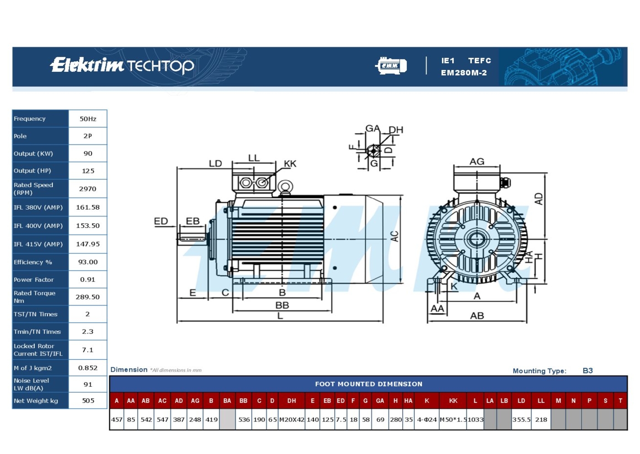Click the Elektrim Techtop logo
(122, 65)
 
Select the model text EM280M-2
(464, 73)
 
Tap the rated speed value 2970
(88, 189)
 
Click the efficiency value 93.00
(88, 262)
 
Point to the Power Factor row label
(34, 280)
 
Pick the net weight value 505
(88, 400)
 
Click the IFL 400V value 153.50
(88, 226)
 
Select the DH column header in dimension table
(292, 401)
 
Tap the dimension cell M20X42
(292, 420)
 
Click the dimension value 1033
(475, 420)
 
